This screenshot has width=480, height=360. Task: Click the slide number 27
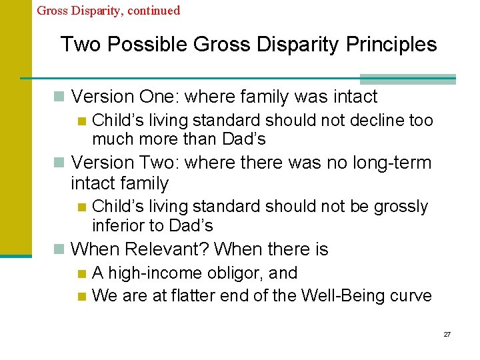447,333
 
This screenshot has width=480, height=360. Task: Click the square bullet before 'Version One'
60,97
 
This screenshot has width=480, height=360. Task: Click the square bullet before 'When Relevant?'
60,250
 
